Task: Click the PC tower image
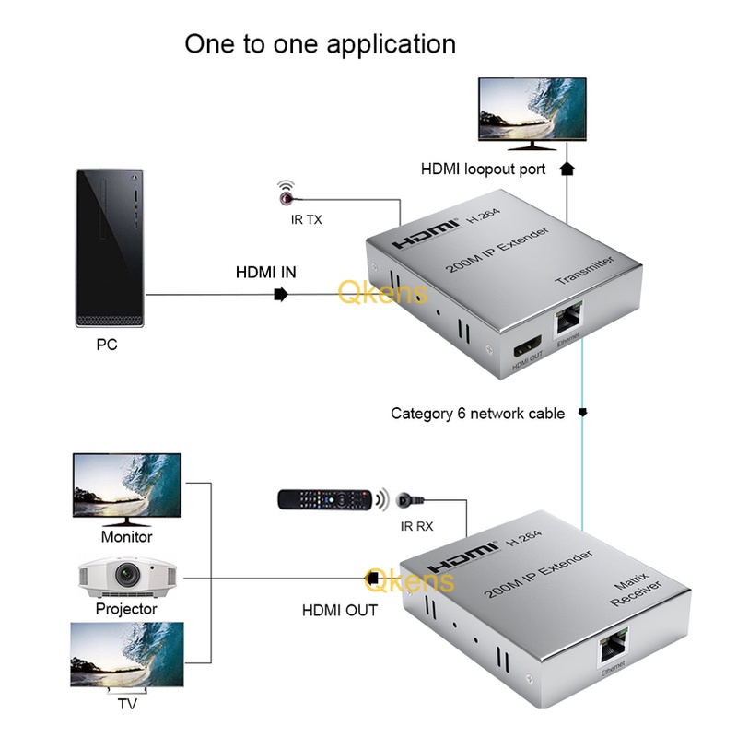(110, 247)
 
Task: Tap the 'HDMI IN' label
(266, 272)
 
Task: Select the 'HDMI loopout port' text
(483, 170)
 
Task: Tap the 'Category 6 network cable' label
(477, 414)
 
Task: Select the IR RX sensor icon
(405, 501)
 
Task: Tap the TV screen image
(126, 655)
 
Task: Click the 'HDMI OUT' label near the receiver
(340, 610)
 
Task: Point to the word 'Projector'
(126, 609)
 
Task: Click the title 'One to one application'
(320, 43)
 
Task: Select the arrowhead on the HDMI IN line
(281, 295)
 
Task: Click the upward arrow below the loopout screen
(567, 169)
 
